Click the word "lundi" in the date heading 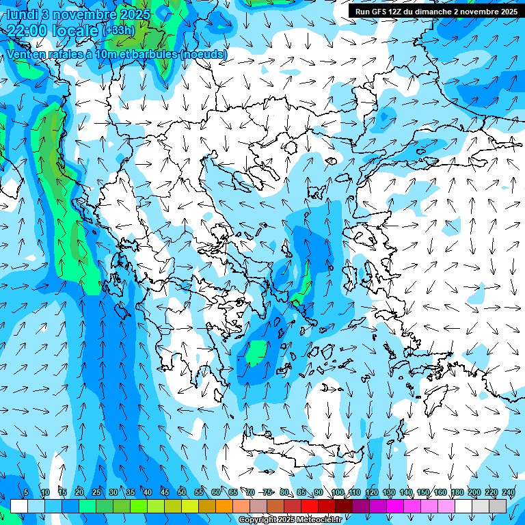tap(25, 14)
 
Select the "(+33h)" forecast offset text tap(118, 31)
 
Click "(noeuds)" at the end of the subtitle tap(204, 54)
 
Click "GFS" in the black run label tap(381, 12)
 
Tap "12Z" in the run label tap(400, 12)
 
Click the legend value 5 tap(26, 492)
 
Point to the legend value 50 tap(182, 492)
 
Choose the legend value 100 tap(337, 492)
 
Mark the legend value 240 tap(508, 492)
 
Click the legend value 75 tap(267, 492)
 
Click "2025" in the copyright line tap(286, 520)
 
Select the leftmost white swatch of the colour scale tap(18, 506)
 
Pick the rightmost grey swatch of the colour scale tap(498, 506)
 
